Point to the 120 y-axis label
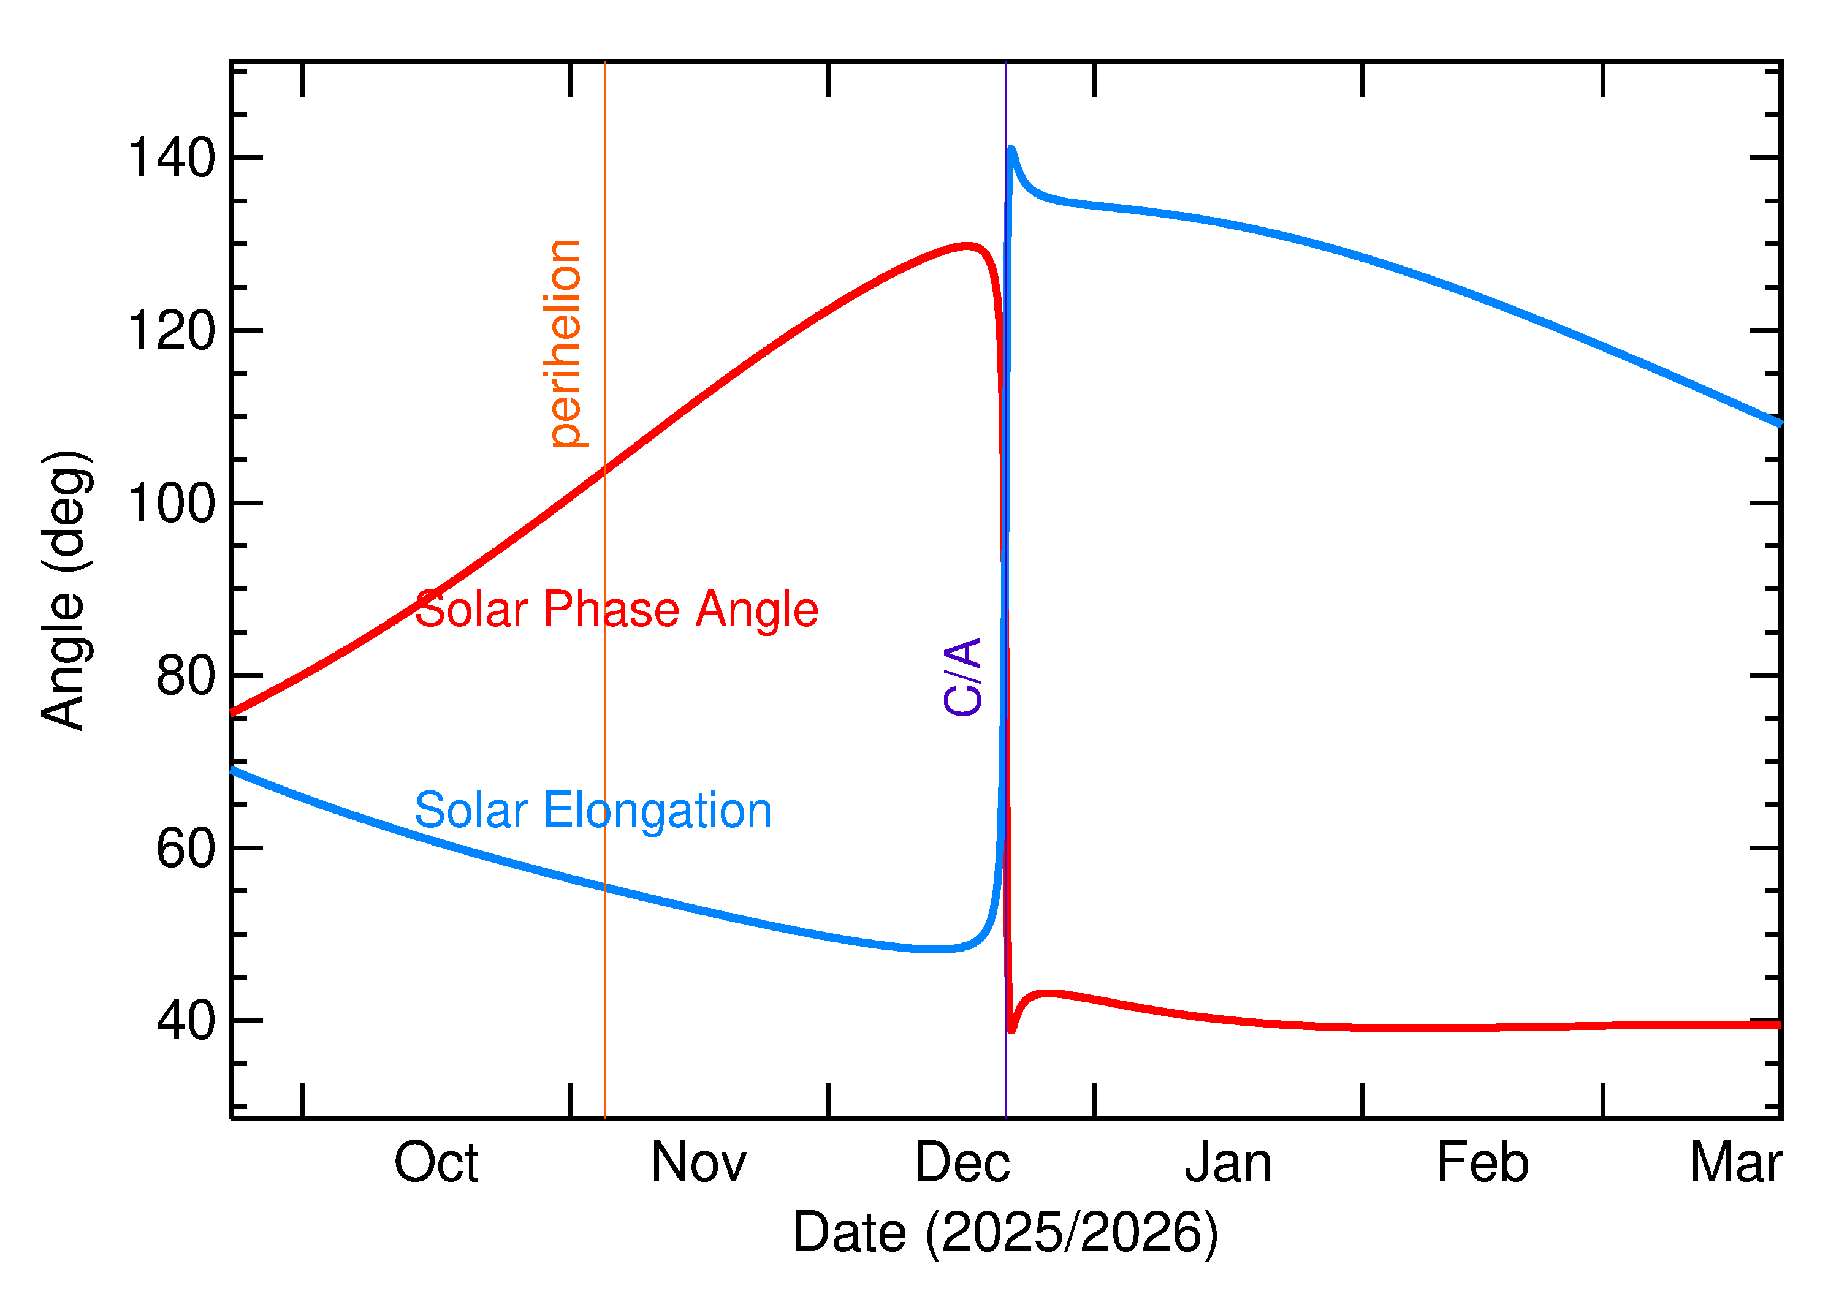pyautogui.click(x=172, y=330)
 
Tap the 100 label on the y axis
pyautogui.click(x=172, y=504)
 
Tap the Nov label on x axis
pyautogui.click(x=699, y=1164)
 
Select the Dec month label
pyautogui.click(x=962, y=1164)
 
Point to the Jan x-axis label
pyautogui.click(x=1228, y=1164)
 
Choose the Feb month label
pyautogui.click(x=1482, y=1164)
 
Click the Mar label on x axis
pyautogui.click(x=1735, y=1164)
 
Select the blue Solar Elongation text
pyautogui.click(x=593, y=811)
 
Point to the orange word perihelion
pyautogui.click(x=564, y=343)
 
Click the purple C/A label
pyautogui.click(x=962, y=676)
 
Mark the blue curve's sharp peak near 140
pyautogui.click(x=1011, y=150)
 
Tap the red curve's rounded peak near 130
pyautogui.click(x=967, y=246)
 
